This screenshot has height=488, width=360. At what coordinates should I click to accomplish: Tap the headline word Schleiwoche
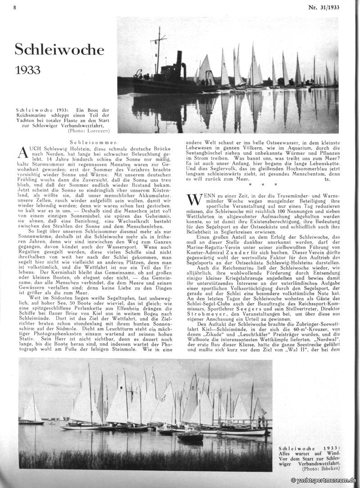59,50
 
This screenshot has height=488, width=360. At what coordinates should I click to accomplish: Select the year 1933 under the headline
27,70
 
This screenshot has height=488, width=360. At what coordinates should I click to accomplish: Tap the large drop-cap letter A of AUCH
23,153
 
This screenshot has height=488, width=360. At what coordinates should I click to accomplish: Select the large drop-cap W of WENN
193,199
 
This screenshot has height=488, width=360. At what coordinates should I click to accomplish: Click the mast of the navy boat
158,50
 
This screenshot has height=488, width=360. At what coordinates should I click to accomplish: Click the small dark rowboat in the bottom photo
190,436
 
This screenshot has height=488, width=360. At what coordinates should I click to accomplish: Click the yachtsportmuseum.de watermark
324,481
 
